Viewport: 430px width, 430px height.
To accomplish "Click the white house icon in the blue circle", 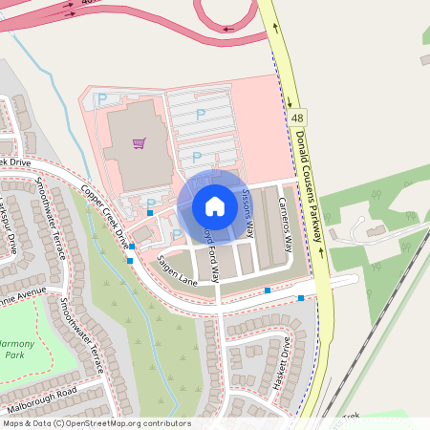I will click(x=215, y=205).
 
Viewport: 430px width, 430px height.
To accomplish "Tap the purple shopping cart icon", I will click(x=140, y=143).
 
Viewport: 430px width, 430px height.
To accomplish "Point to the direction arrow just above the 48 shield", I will click(x=288, y=98).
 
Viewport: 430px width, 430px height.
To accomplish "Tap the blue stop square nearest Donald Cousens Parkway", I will click(x=301, y=298).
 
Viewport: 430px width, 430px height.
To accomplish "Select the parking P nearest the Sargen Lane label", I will click(x=177, y=234).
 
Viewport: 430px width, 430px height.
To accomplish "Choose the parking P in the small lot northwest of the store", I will click(x=102, y=97).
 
